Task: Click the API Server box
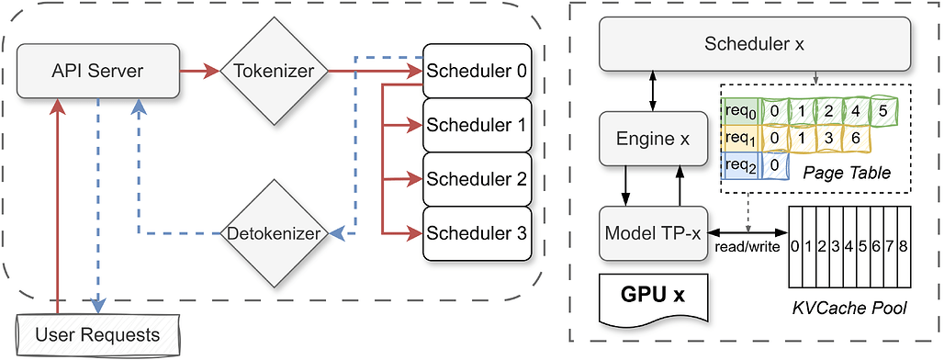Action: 98,70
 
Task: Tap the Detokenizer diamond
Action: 273,233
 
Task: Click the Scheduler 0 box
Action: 477,70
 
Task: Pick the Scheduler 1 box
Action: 477,124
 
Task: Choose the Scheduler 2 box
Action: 477,179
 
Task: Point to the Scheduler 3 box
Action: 477,233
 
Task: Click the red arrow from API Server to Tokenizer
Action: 198,70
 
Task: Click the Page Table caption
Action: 846,173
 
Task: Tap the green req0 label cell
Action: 739,112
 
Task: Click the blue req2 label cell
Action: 739,165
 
